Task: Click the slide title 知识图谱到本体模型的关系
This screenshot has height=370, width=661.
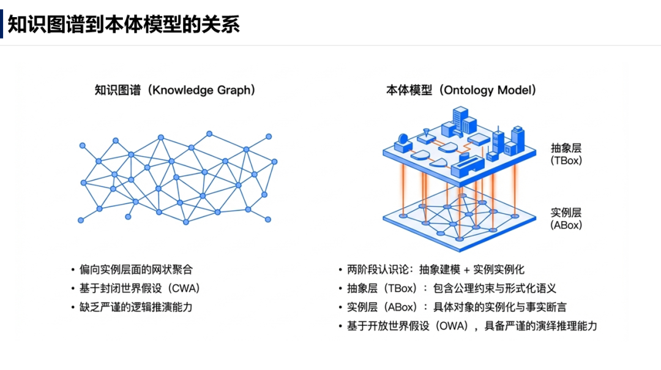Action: coord(123,24)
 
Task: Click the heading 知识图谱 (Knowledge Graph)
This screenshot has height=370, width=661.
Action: coord(175,90)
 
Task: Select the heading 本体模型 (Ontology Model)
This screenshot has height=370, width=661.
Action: coord(461,90)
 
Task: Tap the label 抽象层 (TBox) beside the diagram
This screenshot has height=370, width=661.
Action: coord(566,154)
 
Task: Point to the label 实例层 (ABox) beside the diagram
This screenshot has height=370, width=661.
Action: coord(566,219)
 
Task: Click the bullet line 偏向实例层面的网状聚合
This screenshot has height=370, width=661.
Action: coord(136,270)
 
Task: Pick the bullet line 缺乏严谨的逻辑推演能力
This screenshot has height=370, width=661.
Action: coord(136,306)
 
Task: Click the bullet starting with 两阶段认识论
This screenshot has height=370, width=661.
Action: coord(435,270)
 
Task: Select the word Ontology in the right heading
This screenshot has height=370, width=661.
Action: coord(468,90)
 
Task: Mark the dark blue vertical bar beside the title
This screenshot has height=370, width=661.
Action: coord(2,25)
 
